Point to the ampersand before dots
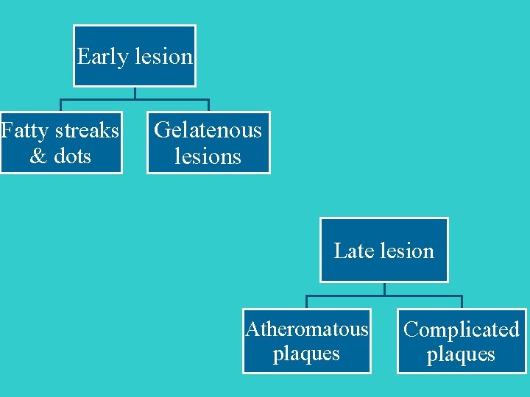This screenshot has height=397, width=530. pos(38,156)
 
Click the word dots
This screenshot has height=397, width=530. pos(72,156)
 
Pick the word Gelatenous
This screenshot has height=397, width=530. pos(208,130)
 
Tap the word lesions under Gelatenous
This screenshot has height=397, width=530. pos(208,156)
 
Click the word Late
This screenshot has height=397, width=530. pos(349,251)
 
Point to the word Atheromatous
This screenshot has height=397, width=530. pos(306,329)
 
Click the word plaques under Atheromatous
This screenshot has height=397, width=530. pos(306,354)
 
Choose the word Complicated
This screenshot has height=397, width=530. pos(462,329)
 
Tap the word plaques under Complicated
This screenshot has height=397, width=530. pos(462,354)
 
